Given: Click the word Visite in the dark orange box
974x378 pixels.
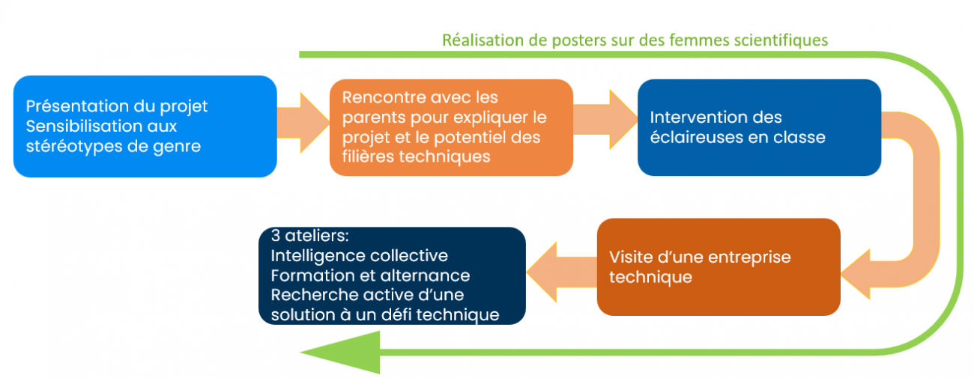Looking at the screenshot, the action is [x=631, y=257].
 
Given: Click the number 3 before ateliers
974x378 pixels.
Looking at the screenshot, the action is [x=275, y=236].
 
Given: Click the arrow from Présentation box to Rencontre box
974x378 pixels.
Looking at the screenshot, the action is [x=303, y=123].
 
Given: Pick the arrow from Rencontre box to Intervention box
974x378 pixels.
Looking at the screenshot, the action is [x=605, y=119].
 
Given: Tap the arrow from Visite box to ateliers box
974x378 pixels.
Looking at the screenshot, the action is [x=561, y=272].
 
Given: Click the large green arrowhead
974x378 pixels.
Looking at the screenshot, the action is [x=343, y=353].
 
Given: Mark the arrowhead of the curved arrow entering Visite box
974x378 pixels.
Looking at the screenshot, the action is [x=856, y=275].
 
